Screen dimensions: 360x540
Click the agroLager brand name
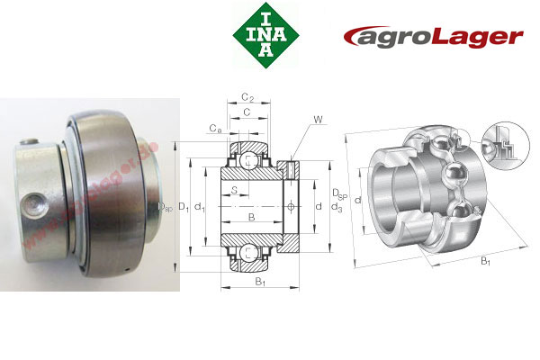tap(433, 37)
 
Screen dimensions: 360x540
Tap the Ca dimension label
tap(213, 130)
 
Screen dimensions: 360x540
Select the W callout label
tap(319, 119)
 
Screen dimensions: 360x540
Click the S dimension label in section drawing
tap(234, 190)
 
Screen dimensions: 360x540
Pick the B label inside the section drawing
tap(251, 218)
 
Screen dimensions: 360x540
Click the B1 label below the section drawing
tap(259, 283)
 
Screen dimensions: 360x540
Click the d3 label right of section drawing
tap(336, 209)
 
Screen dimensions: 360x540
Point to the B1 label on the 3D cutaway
tap(485, 261)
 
